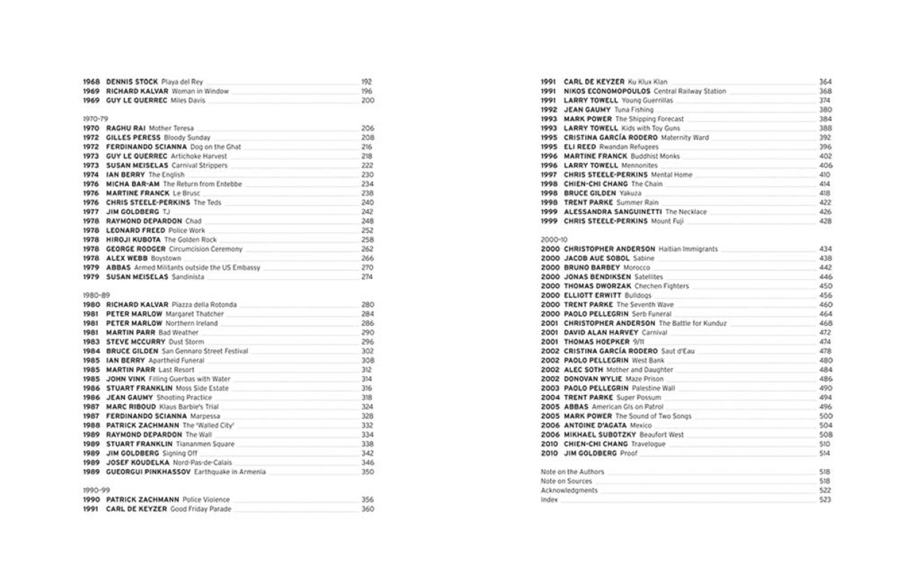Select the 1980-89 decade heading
pos(93,295)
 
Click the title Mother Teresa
pos(171,128)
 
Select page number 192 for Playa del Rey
pos(367,82)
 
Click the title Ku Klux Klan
pos(647,81)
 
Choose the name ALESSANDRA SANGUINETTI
pos(613,212)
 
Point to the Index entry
pos(549,500)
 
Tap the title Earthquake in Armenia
pos(227,471)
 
